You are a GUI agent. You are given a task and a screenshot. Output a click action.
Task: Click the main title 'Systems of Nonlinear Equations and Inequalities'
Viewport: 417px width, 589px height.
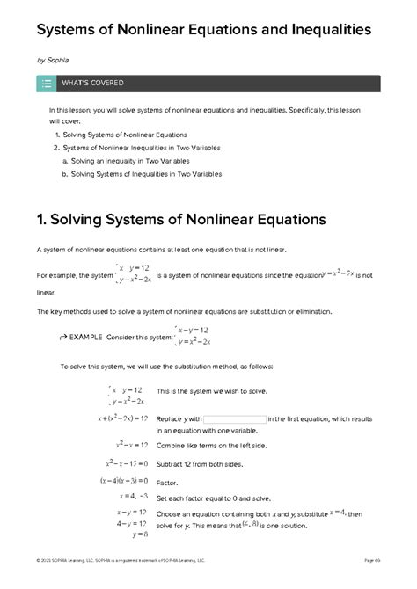203,31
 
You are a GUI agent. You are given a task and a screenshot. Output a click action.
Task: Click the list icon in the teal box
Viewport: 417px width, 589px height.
46,84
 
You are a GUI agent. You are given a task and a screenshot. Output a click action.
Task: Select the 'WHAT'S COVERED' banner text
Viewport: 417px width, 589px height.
92,84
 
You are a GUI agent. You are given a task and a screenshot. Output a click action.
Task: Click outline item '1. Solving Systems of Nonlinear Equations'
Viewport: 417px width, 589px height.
120,135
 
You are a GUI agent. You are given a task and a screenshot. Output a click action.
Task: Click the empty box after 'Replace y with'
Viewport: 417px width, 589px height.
234,419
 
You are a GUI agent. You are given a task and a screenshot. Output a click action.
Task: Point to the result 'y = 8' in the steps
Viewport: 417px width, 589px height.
139,534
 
